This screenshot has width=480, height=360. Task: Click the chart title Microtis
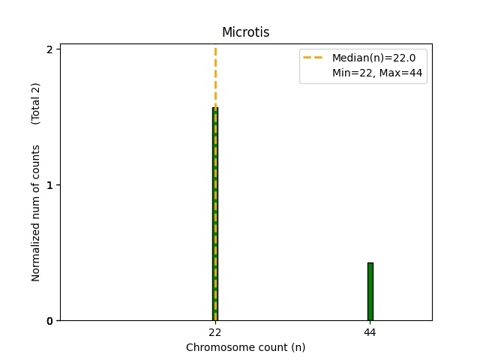[x=245, y=33]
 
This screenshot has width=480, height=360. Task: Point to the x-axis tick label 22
[x=215, y=331]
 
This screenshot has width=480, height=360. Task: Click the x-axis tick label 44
[x=370, y=331]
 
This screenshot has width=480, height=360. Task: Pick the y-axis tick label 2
[x=49, y=49]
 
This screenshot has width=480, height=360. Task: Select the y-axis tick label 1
[x=49, y=185]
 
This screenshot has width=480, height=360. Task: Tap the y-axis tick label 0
[x=49, y=321]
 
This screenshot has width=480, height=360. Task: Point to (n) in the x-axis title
[x=298, y=347]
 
